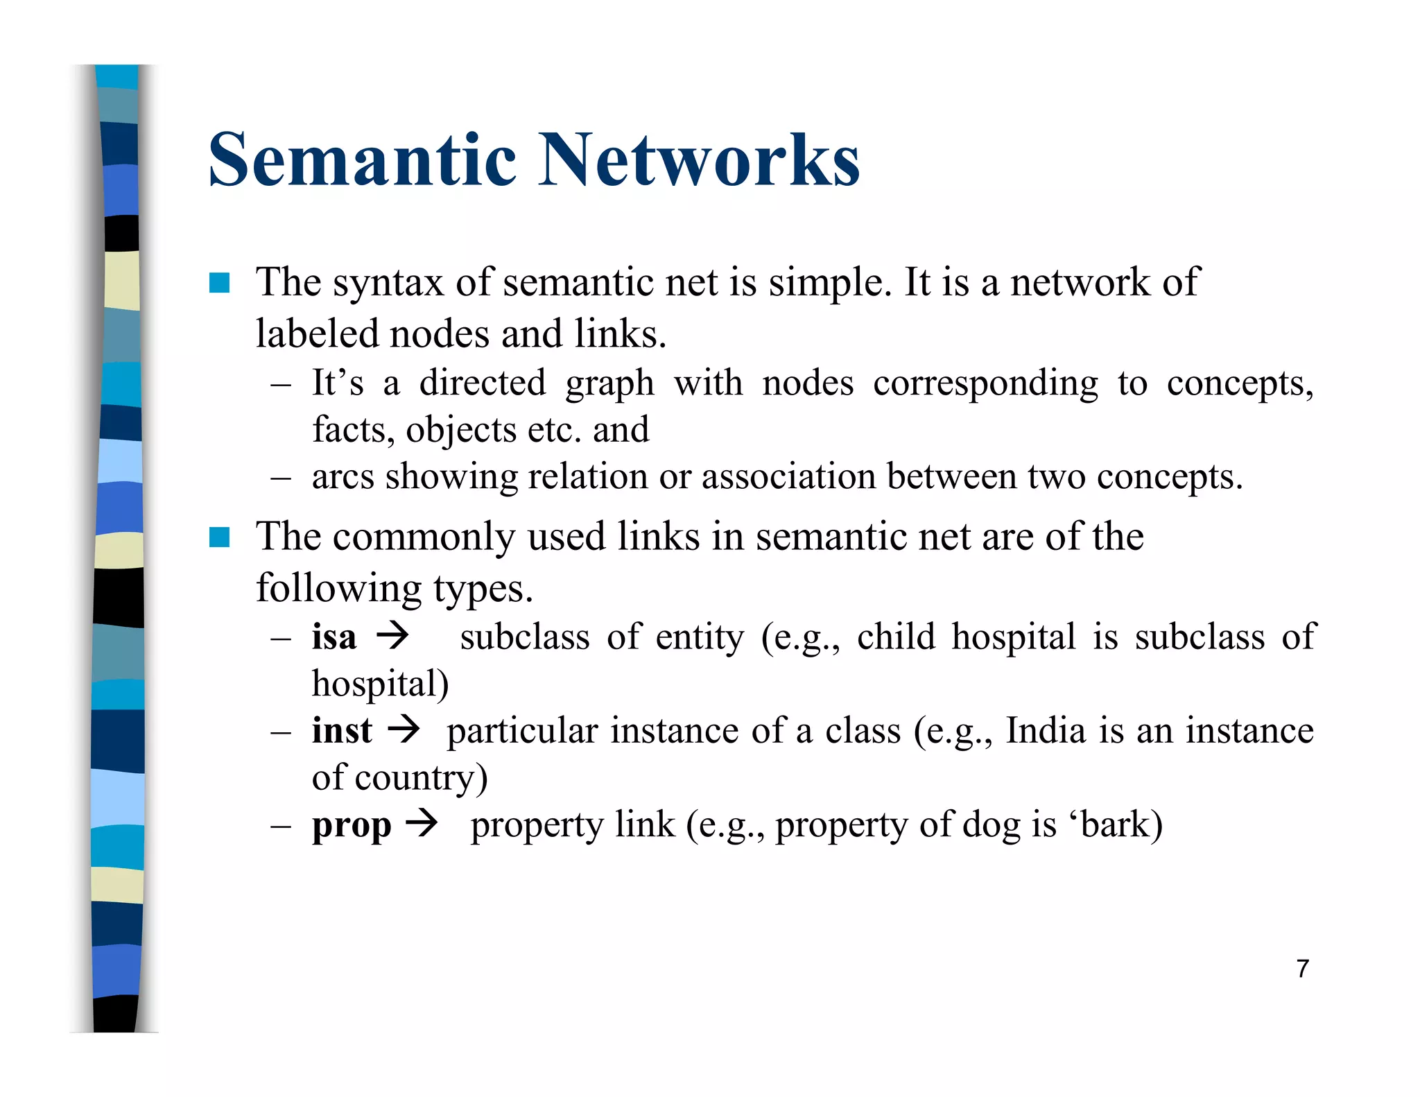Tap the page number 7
pos(1303,969)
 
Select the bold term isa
pos(334,637)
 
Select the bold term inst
pos(342,730)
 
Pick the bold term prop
pos(352,826)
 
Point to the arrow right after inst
pos(404,729)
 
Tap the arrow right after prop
pos(422,824)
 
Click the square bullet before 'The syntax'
pos(220,283)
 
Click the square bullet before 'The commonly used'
pos(220,537)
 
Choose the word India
pos(1046,730)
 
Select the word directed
pos(483,383)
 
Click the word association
pos(789,476)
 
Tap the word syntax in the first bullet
pos(388,283)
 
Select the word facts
pos(352,430)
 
